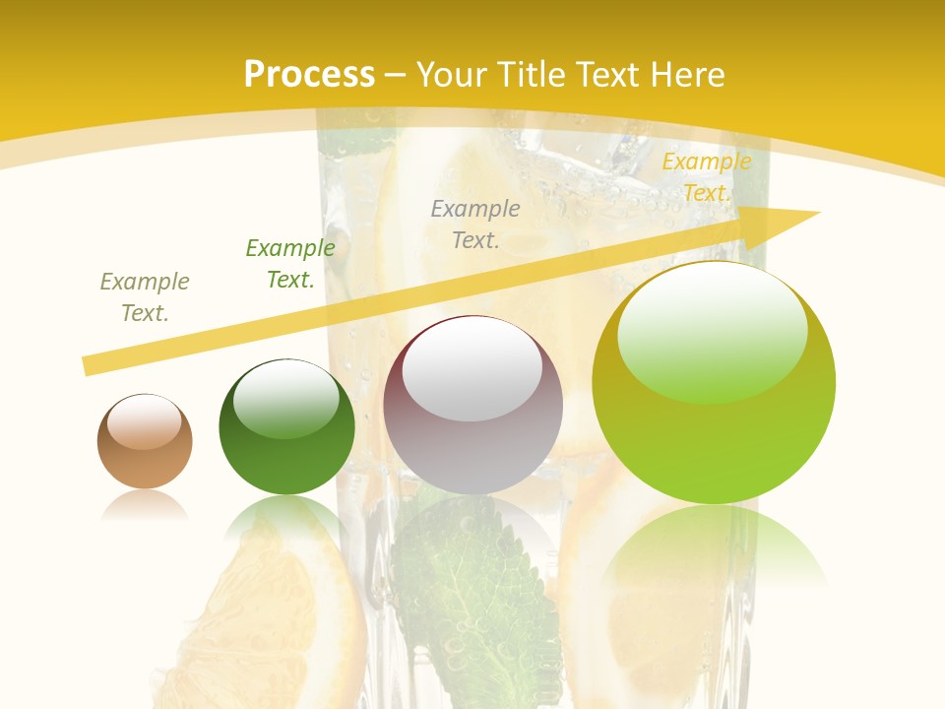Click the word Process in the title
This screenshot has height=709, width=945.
pyautogui.click(x=309, y=75)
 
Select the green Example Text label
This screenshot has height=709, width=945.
pyautogui.click(x=289, y=264)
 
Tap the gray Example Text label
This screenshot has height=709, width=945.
pyautogui.click(x=475, y=224)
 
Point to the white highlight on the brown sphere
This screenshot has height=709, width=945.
pyautogui.click(x=144, y=421)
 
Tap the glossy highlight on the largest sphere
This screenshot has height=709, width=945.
pyautogui.click(x=712, y=330)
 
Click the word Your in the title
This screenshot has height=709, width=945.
pyautogui.click(x=454, y=75)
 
